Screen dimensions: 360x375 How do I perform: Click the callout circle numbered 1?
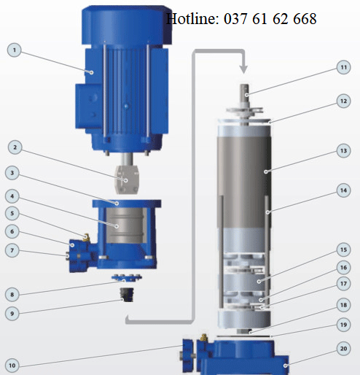pos(15,50)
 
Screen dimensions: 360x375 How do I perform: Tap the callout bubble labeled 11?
pos(343,67)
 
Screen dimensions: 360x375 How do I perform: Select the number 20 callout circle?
pos(343,349)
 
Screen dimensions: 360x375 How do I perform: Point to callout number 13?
pos(343,151)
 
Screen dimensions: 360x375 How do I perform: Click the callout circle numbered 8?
pos(12,295)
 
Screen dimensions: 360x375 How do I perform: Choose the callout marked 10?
pos(12,366)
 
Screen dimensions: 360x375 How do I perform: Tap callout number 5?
pos(12,214)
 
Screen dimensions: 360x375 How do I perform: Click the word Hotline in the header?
pos(192,19)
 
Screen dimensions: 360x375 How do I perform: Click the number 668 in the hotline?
pos(305,19)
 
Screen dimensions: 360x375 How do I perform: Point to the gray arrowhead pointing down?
pos(243,69)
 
